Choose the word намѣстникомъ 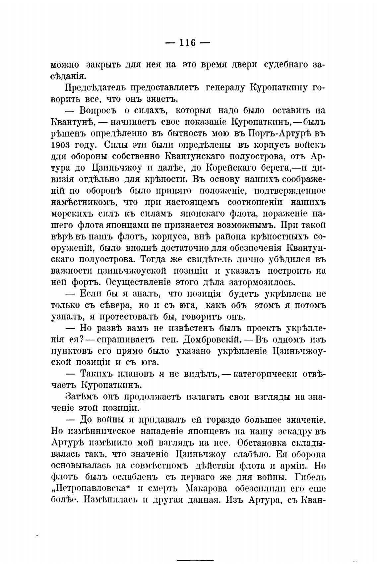pos(84,202)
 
